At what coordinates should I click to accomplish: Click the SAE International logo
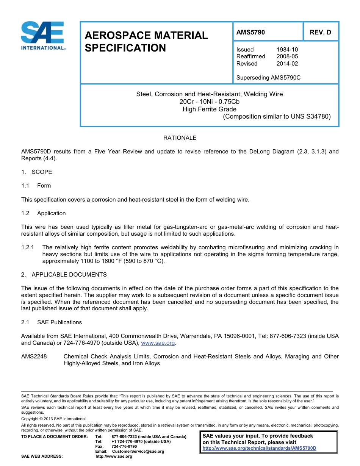point(42,36)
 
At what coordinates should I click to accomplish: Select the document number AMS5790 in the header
point(250,32)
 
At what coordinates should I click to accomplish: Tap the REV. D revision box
point(320,32)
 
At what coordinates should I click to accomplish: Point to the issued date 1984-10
point(287,50)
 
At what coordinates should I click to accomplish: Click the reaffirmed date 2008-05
point(287,56)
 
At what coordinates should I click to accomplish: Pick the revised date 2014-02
point(287,64)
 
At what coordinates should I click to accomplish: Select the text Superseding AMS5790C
point(268,78)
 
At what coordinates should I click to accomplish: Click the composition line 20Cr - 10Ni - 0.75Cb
point(209,102)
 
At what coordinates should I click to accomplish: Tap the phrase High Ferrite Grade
point(209,109)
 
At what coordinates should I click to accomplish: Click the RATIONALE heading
point(180,138)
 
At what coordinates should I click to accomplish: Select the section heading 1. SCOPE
point(37,172)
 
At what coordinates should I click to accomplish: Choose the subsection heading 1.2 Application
point(44,213)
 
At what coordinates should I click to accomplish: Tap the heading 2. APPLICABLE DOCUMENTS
point(64,275)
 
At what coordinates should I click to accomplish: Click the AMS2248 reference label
point(34,357)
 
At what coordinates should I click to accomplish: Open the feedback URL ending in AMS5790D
point(259,448)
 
